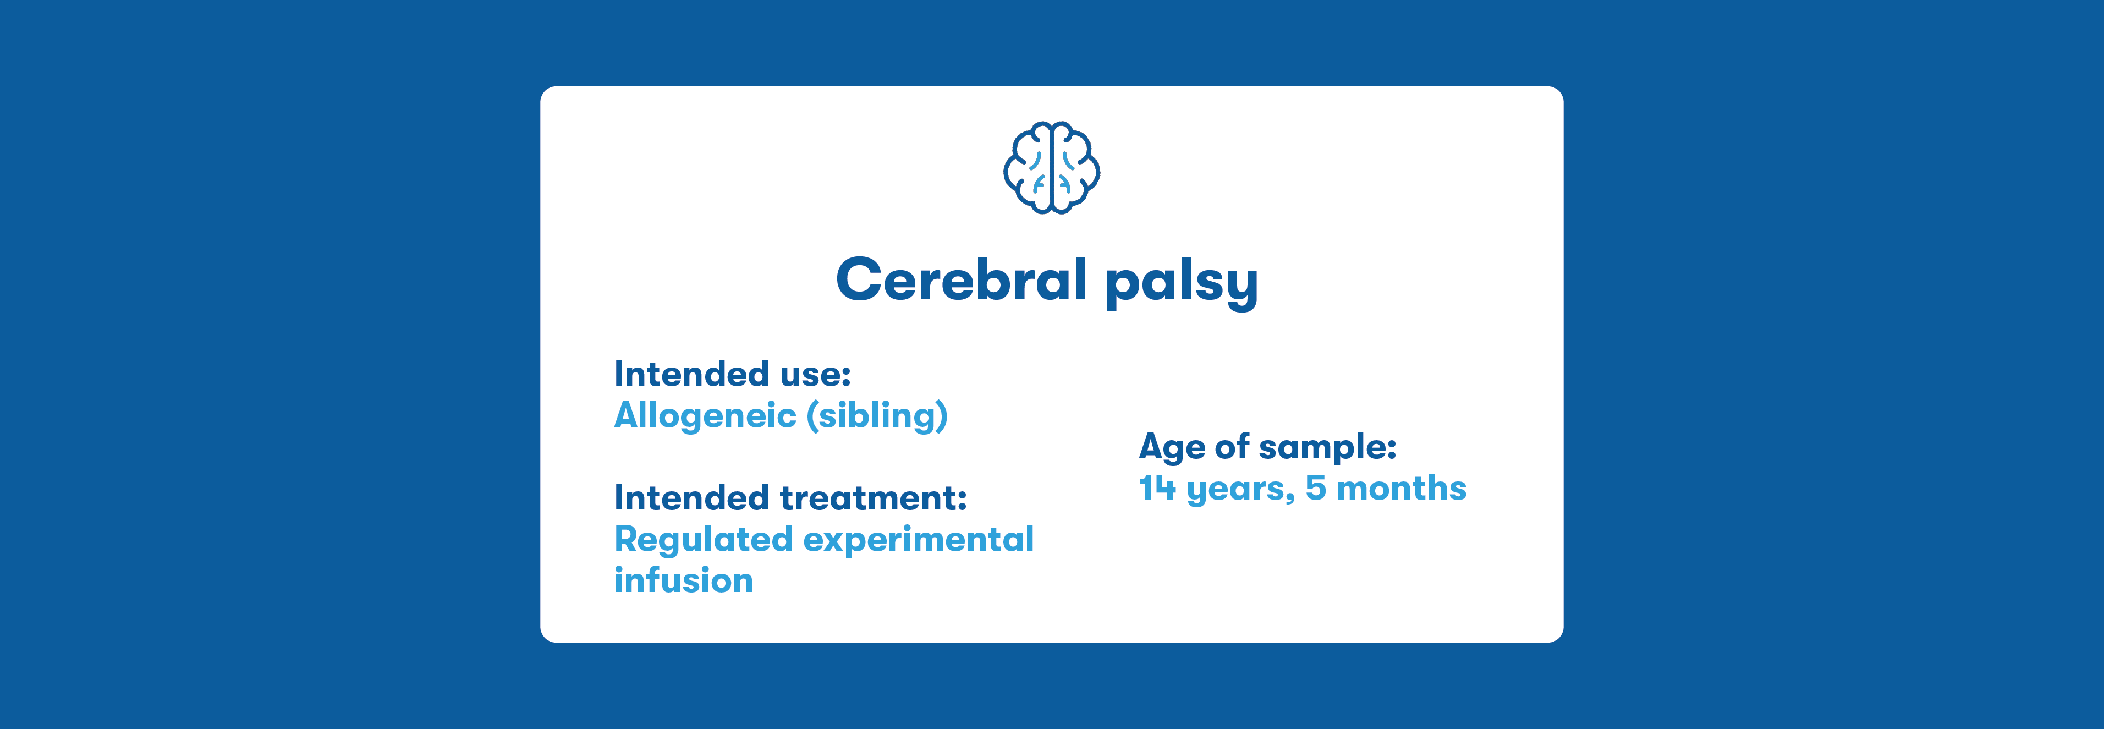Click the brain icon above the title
tap(1051, 168)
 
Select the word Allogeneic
tap(705, 416)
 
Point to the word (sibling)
tap(877, 415)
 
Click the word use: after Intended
tap(815, 374)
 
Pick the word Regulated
tap(703, 540)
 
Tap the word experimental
tap(919, 540)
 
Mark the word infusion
tap(684, 580)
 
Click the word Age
tap(1172, 448)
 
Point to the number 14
tap(1157, 488)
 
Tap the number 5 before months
tap(1316, 488)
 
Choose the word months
tap(1402, 488)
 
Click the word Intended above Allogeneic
tap(692, 374)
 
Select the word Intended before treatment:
tap(692, 498)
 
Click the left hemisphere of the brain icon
tap(1026, 168)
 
